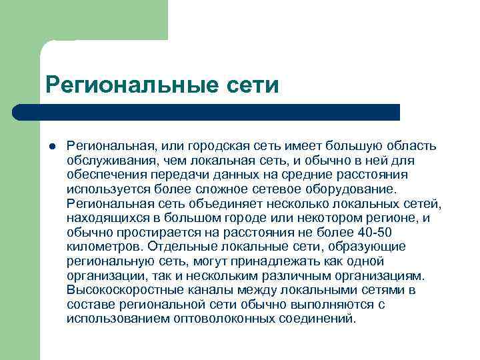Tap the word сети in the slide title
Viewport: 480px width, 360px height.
click(251, 84)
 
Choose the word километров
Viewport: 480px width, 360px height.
click(102, 247)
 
